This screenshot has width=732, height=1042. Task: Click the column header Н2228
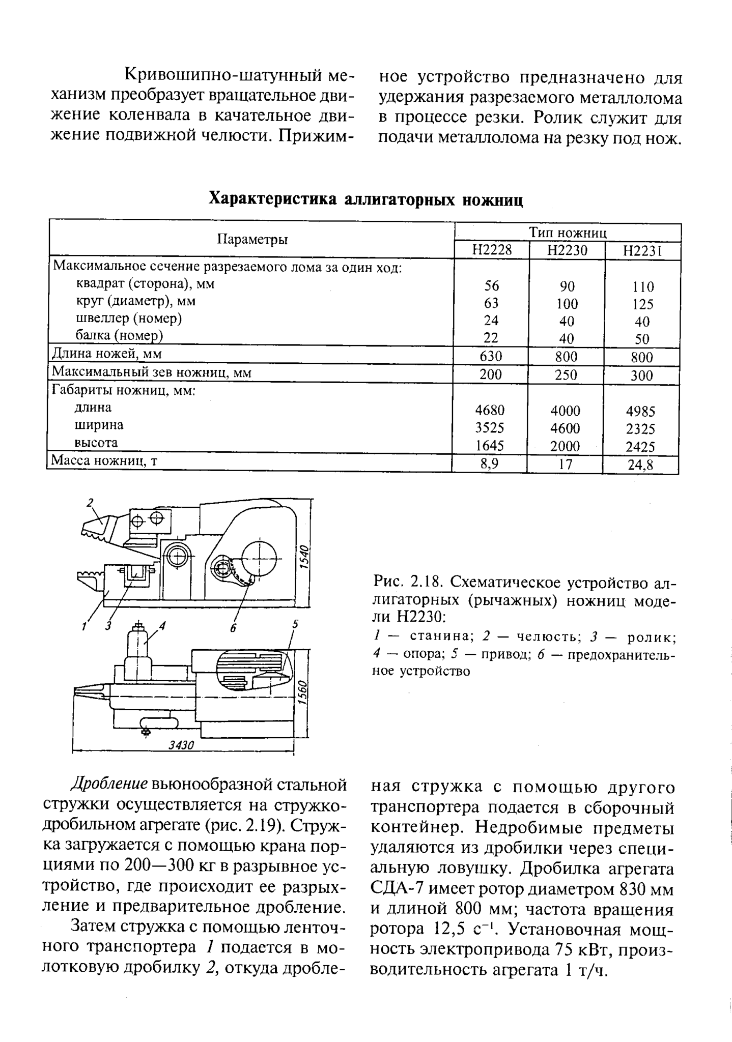point(491,250)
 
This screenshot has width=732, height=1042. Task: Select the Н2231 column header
point(642,251)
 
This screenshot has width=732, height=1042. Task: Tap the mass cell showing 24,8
point(640,465)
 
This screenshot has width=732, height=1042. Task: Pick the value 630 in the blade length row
point(491,356)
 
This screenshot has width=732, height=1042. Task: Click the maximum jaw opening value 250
point(566,374)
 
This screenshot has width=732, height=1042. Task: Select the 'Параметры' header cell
point(252,239)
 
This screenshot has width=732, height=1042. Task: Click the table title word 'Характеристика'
point(273,199)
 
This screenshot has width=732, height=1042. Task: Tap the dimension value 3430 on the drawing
point(182,745)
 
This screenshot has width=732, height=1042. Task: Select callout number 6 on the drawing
point(233,628)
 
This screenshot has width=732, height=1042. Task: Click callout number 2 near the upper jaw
point(90,503)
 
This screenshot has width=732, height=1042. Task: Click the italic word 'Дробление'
point(110,784)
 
